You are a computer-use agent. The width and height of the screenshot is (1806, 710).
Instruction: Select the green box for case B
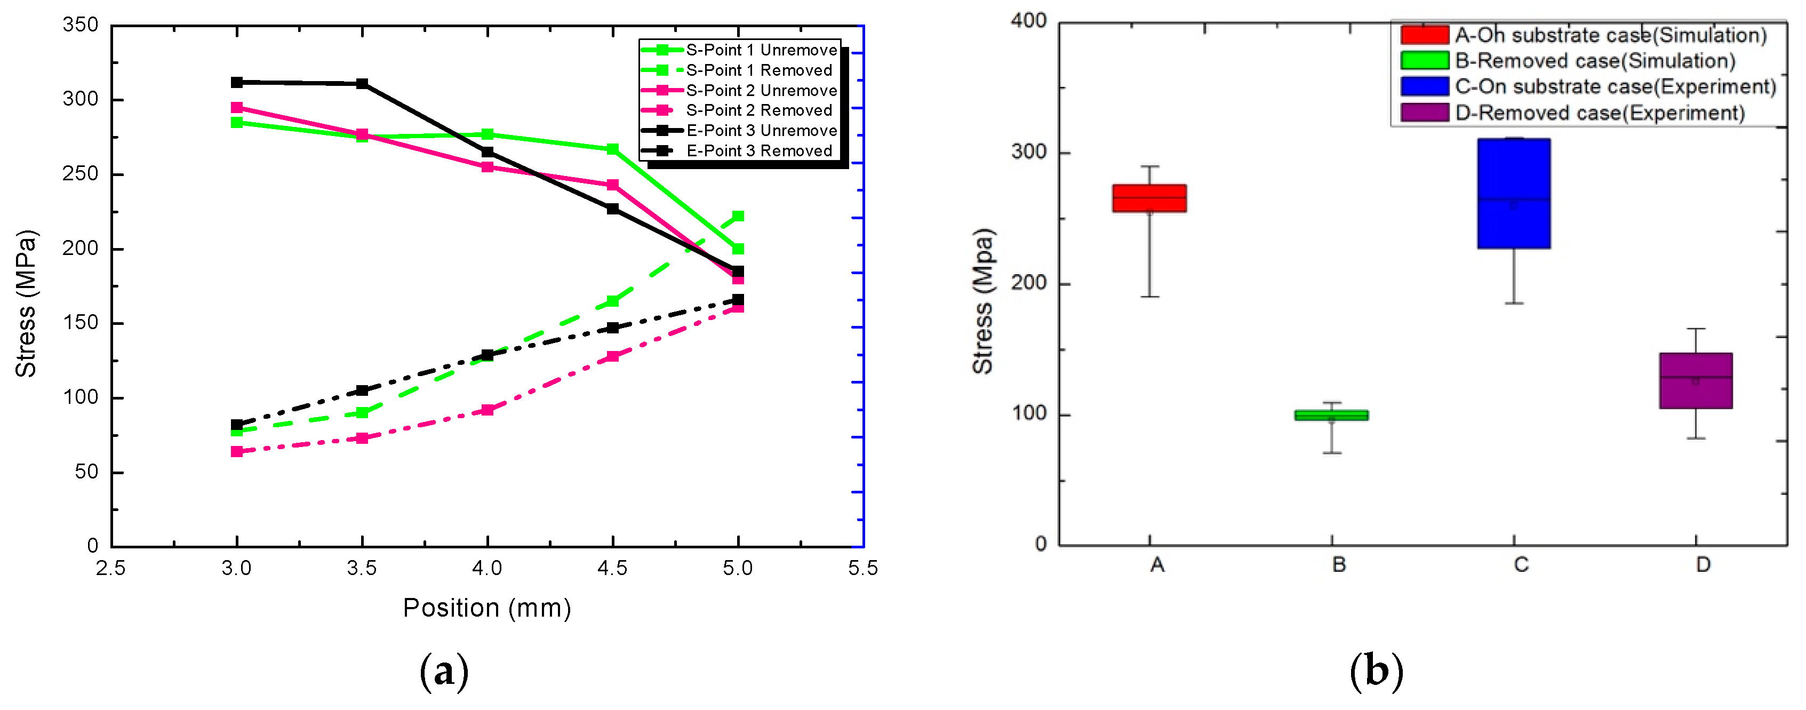1331,415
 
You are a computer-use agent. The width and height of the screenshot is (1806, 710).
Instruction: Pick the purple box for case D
1695,380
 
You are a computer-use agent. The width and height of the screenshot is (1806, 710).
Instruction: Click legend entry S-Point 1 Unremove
761,50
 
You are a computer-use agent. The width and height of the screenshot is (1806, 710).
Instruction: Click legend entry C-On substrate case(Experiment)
1615,86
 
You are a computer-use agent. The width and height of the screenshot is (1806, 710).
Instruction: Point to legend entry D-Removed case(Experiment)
1599,113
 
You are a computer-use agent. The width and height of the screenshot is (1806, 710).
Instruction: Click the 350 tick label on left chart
81,25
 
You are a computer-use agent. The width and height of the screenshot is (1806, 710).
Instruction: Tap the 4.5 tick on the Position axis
612,568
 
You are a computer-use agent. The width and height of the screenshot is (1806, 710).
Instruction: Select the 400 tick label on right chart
1028,21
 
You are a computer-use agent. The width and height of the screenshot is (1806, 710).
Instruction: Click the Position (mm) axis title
486,608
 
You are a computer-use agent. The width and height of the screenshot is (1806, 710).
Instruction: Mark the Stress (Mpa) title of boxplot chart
983,301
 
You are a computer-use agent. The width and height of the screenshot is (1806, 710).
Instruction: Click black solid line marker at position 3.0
237,83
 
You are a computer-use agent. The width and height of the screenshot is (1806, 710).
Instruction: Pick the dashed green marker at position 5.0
738,217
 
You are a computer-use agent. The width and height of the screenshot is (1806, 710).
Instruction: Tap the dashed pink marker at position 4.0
488,410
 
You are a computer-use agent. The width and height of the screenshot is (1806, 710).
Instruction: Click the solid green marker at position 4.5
612,149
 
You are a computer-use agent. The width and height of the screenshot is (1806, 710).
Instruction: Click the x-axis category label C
1520,565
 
